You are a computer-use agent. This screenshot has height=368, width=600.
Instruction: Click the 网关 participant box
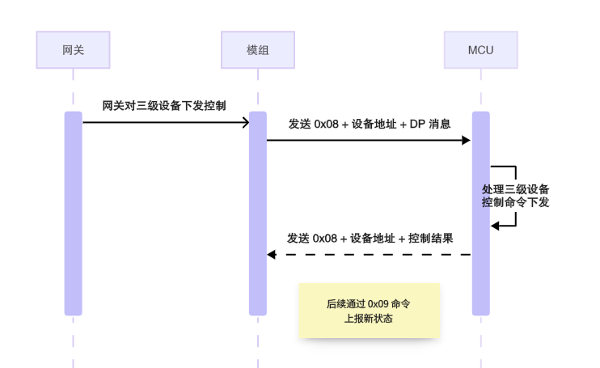[73, 50]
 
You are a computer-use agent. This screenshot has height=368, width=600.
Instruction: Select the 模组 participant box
[257, 50]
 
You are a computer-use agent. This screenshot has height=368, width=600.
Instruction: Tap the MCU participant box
[480, 50]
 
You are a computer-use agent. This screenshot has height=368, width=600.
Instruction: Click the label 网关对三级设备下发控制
[164, 105]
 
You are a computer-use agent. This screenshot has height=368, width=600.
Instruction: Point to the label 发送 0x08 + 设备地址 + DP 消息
[369, 124]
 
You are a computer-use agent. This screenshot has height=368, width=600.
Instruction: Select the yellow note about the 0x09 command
[369, 311]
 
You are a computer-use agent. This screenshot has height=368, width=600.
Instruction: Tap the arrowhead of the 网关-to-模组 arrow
[244, 123]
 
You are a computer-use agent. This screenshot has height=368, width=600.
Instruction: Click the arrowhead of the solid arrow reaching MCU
[467, 141]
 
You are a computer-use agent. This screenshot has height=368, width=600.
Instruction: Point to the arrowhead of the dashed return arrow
[272, 255]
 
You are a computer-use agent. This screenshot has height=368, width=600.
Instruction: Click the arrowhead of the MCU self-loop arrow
[496, 226]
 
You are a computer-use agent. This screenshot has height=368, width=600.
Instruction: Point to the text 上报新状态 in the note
[369, 318]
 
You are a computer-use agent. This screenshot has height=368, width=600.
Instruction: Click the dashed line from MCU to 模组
[372, 255]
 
